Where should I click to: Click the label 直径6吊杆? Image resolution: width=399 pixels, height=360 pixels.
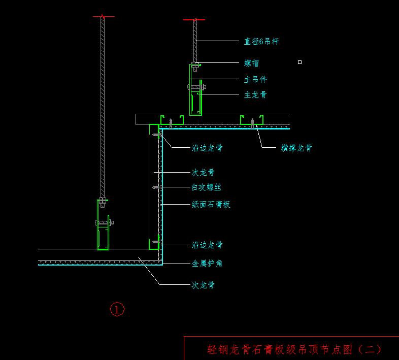point(261,41)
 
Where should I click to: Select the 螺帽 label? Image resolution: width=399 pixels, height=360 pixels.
point(251,63)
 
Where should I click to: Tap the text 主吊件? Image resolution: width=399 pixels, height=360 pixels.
point(255,79)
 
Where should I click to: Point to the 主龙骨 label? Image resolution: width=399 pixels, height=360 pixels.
point(255,94)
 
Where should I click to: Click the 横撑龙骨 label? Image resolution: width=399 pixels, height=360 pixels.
point(296,148)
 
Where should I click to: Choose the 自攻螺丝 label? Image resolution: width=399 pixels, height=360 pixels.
point(206,187)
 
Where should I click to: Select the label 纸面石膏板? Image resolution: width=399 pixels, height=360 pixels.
point(211,204)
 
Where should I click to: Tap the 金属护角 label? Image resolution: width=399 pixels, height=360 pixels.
point(207,264)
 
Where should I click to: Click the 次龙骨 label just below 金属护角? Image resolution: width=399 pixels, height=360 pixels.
point(203,285)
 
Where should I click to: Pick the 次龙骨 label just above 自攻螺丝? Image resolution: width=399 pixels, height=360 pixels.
point(203,172)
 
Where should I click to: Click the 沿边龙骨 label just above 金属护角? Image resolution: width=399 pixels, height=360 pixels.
point(207,245)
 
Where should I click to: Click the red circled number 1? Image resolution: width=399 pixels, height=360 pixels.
point(117,309)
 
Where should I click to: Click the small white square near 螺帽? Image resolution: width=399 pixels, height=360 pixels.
point(300,62)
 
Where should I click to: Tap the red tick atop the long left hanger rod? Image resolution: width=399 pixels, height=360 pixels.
point(103,17)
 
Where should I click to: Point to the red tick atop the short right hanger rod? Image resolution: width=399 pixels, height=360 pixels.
point(194,20)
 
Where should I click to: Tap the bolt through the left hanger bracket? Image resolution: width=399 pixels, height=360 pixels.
point(104,222)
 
